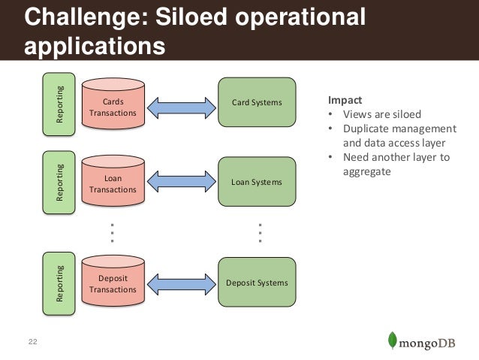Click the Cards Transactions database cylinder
point(113,107)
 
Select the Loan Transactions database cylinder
point(113,184)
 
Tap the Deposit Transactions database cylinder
point(113,283)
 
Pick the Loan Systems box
point(256,183)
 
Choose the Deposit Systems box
point(256,283)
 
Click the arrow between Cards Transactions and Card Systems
point(182,107)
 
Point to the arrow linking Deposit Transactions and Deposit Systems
point(182,283)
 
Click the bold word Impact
point(343,100)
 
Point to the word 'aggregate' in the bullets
point(367,172)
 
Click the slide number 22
point(32,342)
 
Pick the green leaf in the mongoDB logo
point(391,340)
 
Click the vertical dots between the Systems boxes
point(260,232)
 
